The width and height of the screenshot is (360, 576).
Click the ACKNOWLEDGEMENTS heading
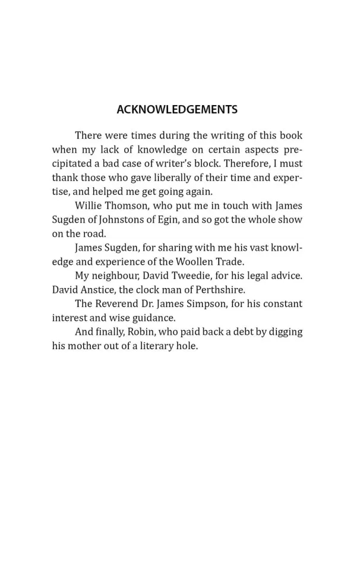click(x=177, y=109)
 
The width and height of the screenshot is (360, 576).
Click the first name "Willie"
click(x=89, y=205)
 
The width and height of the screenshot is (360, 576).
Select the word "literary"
click(x=155, y=346)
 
